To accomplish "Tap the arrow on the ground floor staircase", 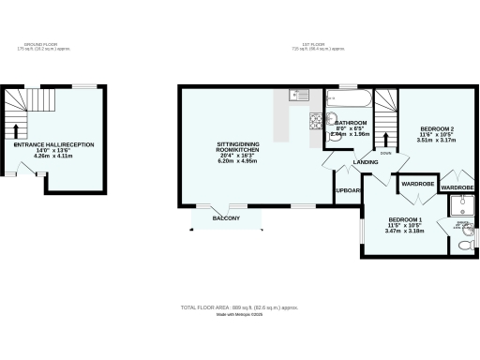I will click(17, 129).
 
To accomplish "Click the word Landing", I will click(365, 162).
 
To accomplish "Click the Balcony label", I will click(226, 218).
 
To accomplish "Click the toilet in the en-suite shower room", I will click(466, 247).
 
